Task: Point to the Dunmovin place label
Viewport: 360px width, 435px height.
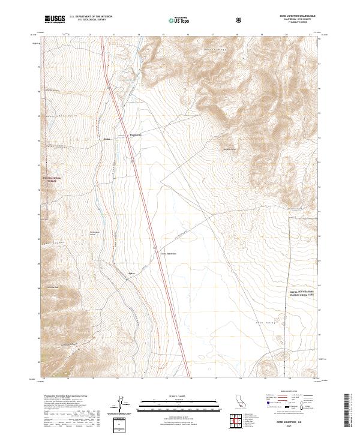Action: [x=137, y=135]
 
